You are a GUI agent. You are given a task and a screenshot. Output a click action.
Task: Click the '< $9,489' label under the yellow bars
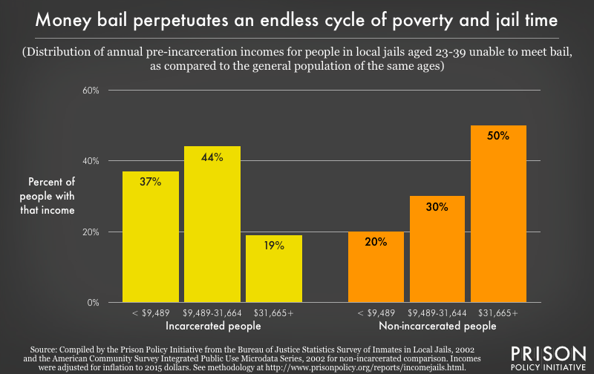point(151,313)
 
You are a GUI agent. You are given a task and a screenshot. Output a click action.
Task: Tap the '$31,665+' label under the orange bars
point(498,313)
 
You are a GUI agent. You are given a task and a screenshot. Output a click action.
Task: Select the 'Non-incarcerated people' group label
point(438,325)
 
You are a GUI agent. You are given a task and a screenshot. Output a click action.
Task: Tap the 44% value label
point(212,157)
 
